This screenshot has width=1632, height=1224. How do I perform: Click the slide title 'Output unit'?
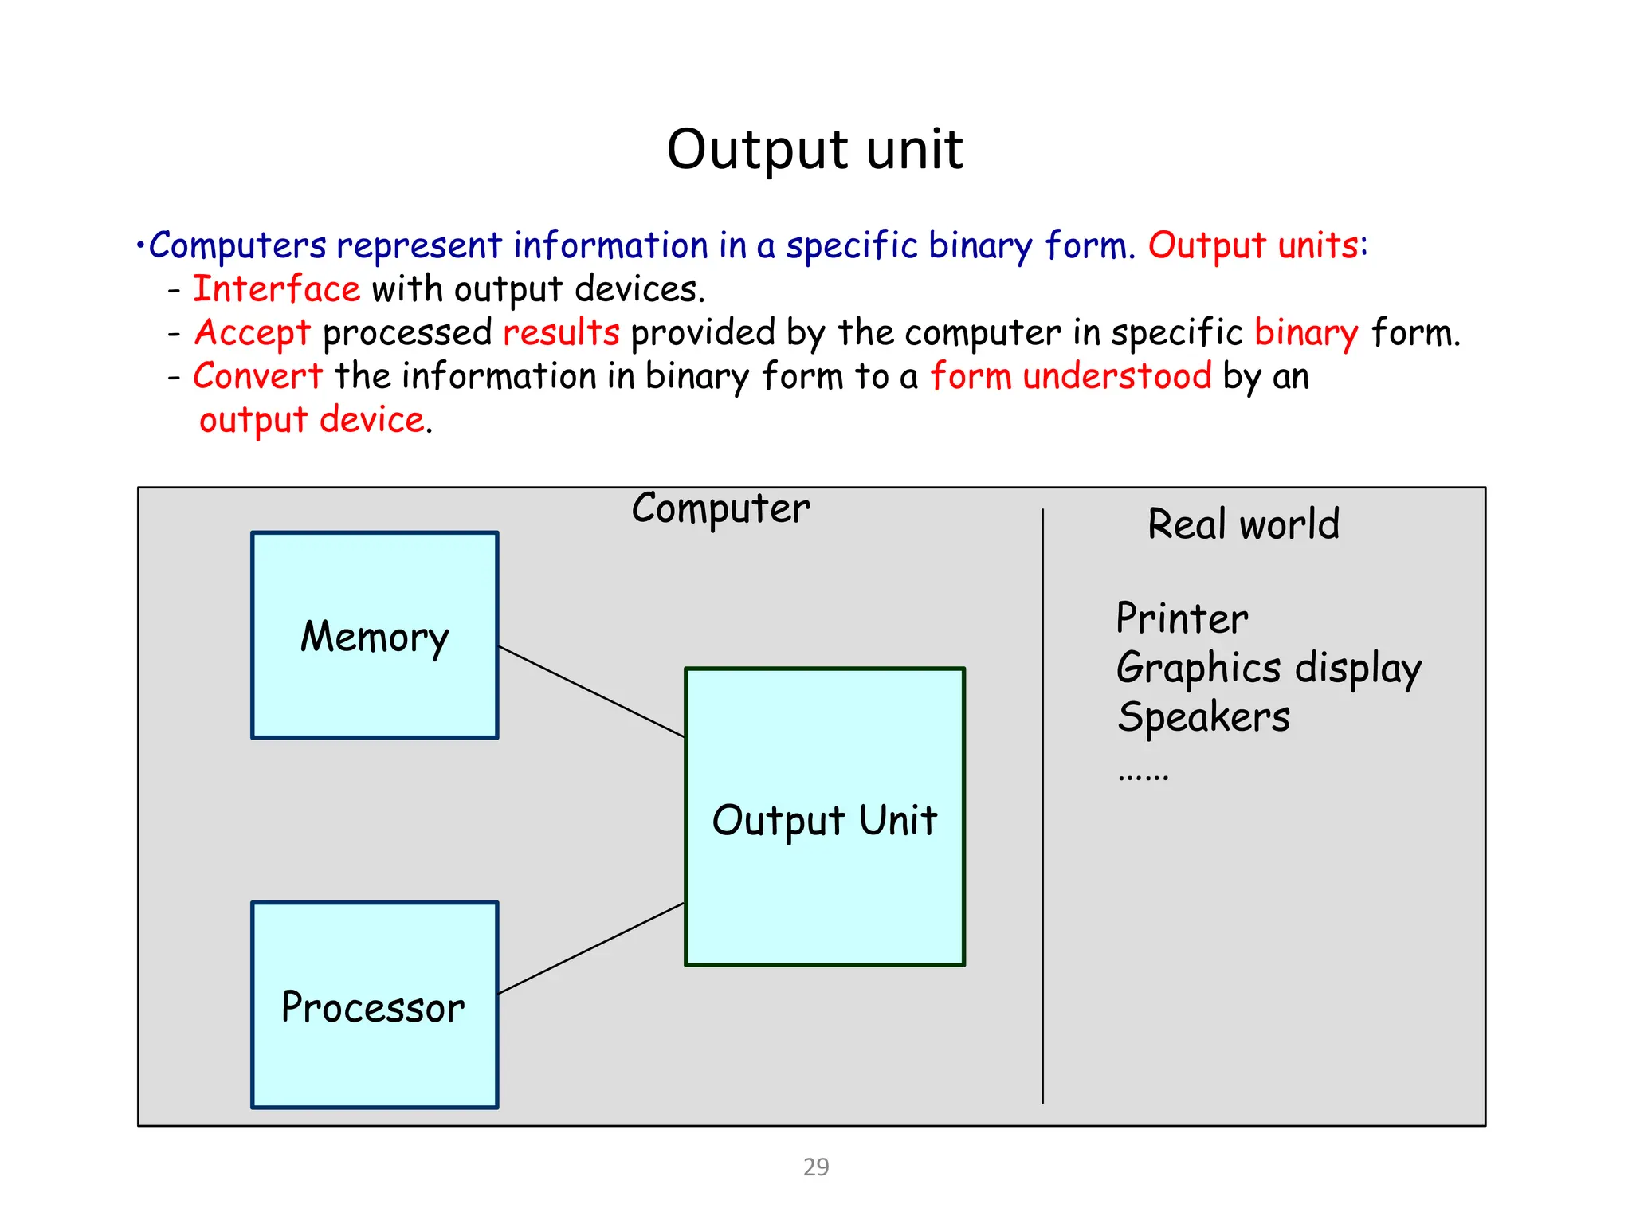click(x=814, y=149)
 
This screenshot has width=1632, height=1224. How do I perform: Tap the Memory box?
click(x=375, y=635)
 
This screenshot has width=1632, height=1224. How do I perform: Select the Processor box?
click(x=375, y=1005)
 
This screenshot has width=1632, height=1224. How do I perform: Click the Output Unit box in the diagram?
click(x=824, y=818)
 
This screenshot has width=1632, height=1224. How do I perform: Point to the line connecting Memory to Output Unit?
click(x=591, y=692)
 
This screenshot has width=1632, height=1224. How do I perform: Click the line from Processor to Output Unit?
click(x=591, y=948)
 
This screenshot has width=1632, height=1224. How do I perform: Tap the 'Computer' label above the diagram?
click(x=720, y=508)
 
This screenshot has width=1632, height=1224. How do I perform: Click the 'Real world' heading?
click(x=1243, y=524)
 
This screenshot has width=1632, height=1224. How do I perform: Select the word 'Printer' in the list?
click(x=1182, y=618)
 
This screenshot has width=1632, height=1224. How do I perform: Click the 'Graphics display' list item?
click(x=1268, y=668)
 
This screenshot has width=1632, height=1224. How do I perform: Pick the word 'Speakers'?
click(x=1203, y=716)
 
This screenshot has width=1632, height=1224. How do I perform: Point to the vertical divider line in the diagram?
click(x=1042, y=805)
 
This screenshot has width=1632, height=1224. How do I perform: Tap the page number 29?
click(x=816, y=1167)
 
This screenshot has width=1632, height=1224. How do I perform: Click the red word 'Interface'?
click(x=277, y=288)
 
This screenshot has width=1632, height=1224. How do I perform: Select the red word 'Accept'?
click(x=253, y=332)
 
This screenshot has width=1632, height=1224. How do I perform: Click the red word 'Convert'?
click(x=257, y=375)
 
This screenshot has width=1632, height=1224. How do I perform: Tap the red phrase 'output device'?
click(x=312, y=420)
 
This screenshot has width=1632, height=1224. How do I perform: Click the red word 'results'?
click(x=561, y=332)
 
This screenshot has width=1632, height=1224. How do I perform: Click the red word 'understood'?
click(x=1116, y=375)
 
